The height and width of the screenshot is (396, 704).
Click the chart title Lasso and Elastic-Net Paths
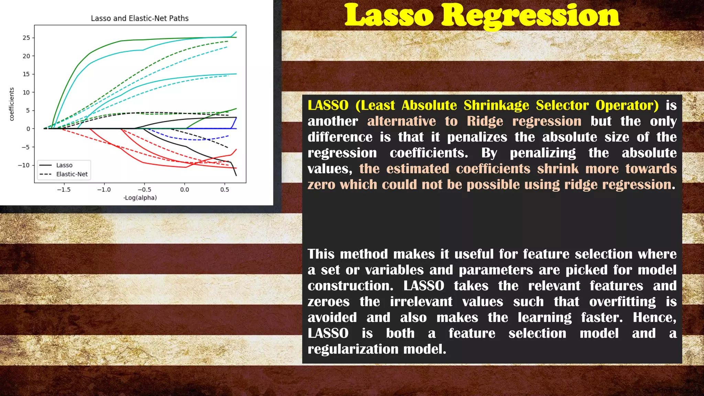click(x=140, y=18)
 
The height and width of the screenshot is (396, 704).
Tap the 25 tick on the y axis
click(x=26, y=38)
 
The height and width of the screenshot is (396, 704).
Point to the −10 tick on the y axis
click(x=24, y=165)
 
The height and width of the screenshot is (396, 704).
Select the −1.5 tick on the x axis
click(x=64, y=190)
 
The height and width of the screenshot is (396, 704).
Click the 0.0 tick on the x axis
click(x=185, y=190)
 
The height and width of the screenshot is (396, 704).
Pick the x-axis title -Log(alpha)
click(x=140, y=198)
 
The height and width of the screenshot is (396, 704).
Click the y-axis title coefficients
click(x=12, y=104)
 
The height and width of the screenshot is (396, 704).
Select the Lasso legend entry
click(x=64, y=165)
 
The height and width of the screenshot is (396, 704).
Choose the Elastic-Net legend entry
click(x=72, y=174)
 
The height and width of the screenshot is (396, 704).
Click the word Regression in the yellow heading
click(x=530, y=16)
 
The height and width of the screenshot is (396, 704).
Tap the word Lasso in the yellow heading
click(x=389, y=16)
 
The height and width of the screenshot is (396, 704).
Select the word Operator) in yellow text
click(x=627, y=106)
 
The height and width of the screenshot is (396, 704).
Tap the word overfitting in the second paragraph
click(x=623, y=302)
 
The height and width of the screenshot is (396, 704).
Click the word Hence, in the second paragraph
click(x=654, y=318)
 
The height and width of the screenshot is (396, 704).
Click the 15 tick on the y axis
click(x=26, y=74)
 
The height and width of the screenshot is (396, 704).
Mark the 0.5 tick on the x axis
click(x=224, y=190)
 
